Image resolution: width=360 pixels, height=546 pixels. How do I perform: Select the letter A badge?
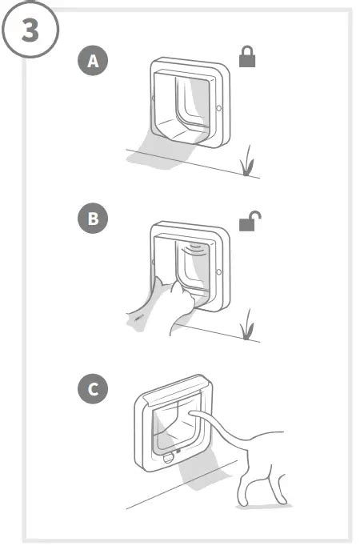click(94, 62)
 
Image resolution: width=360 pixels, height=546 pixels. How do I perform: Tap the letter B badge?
click(94, 220)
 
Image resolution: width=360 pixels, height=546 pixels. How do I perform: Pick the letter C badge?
click(94, 390)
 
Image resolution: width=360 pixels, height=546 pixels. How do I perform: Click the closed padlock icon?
click(248, 58)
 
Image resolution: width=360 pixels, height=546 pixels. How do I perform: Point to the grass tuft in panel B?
click(249, 324)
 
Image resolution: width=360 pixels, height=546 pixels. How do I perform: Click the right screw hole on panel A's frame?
click(219, 106)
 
